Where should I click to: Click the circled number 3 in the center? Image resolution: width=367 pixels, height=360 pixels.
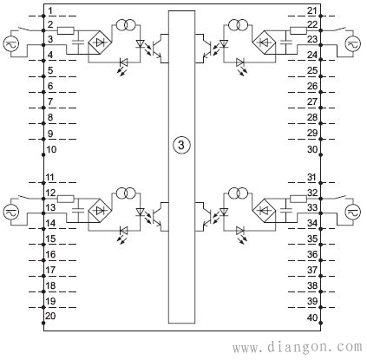181,145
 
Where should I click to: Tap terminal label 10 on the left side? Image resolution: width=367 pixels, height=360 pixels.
51,149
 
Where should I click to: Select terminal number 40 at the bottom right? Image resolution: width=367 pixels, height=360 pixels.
312,317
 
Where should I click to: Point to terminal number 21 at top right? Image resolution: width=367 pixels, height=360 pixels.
312,11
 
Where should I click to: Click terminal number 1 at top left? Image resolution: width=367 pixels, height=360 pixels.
50,11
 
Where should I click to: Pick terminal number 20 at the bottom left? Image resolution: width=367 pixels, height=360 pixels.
51,316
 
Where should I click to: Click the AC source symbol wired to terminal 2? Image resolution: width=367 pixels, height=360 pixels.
11,44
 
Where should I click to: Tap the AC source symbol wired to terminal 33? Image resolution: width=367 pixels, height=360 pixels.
353,212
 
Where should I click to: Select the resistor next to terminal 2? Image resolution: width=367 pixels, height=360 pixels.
66,30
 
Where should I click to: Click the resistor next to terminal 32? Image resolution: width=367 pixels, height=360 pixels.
298,199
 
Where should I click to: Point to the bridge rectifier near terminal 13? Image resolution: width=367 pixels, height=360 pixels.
100,211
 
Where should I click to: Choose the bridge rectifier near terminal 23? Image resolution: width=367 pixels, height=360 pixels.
264,43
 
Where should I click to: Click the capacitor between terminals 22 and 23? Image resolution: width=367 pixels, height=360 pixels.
285,42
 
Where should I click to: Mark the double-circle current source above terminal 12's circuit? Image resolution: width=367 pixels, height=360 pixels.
126,193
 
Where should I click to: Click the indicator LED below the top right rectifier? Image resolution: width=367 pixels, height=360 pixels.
240,62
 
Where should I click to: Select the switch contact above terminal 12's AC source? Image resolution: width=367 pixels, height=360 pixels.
25,198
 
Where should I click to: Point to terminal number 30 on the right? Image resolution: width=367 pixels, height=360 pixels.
312,149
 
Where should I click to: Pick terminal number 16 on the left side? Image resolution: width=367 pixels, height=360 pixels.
51,254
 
